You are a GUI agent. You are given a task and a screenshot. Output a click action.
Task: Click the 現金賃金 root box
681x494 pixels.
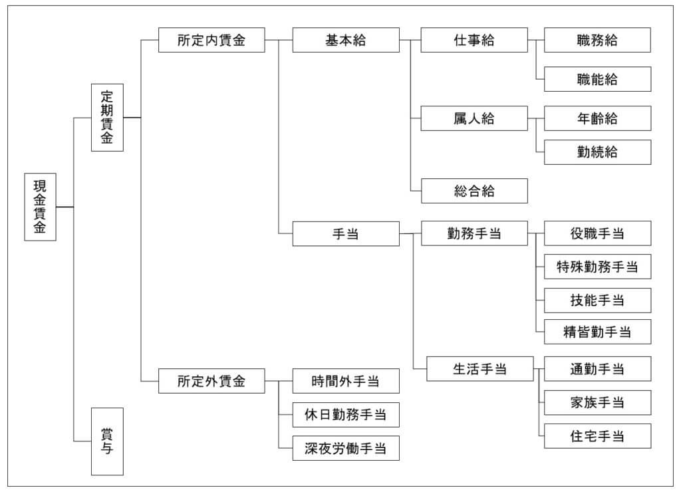pyautogui.click(x=41, y=207)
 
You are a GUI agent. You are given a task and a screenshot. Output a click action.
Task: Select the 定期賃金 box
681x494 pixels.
pyautogui.click(x=107, y=118)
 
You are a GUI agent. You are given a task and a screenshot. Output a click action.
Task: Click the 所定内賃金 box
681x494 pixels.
pyautogui.click(x=211, y=40)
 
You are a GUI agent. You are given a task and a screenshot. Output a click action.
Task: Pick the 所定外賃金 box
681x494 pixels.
pyautogui.click(x=211, y=381)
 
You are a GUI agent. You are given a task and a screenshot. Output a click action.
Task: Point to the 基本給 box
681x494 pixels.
pyautogui.click(x=346, y=40)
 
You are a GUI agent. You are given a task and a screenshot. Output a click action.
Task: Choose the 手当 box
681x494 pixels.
pyautogui.click(x=346, y=233)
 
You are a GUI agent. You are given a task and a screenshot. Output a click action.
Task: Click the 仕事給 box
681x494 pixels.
pyautogui.click(x=474, y=40)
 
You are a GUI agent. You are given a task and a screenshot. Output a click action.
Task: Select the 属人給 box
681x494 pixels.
pyautogui.click(x=474, y=118)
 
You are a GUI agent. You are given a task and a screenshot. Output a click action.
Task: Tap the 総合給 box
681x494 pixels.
pyautogui.click(x=474, y=191)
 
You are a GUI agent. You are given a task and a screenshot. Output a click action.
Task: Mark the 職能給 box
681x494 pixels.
pyautogui.click(x=597, y=79)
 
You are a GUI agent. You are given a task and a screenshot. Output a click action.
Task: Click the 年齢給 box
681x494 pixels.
pyautogui.click(x=597, y=118)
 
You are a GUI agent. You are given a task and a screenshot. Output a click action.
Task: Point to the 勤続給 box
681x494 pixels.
pyautogui.click(x=597, y=152)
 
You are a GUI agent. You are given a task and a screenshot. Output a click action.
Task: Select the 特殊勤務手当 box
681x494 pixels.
pyautogui.click(x=597, y=267)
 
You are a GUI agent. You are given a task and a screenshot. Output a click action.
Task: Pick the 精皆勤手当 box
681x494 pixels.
pyautogui.click(x=597, y=331)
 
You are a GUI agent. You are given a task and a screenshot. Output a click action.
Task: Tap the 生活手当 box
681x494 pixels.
pyautogui.click(x=479, y=369)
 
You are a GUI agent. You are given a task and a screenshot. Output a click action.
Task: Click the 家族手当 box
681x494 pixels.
pyautogui.click(x=597, y=402)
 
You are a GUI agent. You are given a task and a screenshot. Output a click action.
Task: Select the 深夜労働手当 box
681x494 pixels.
pyautogui.click(x=346, y=448)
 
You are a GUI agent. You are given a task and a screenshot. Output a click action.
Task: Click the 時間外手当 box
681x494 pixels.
pyautogui.click(x=346, y=381)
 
